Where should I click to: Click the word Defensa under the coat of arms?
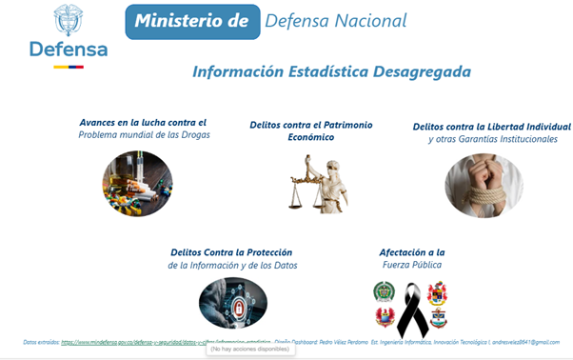[68, 50]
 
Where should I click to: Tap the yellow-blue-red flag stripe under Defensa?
[69, 67]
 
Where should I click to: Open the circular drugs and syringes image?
[137, 183]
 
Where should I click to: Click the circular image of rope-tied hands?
[484, 185]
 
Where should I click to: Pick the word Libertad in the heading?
[495, 127]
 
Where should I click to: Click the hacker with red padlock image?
[232, 303]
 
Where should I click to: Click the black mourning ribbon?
[411, 309]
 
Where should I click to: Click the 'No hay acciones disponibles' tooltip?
[250, 350]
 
